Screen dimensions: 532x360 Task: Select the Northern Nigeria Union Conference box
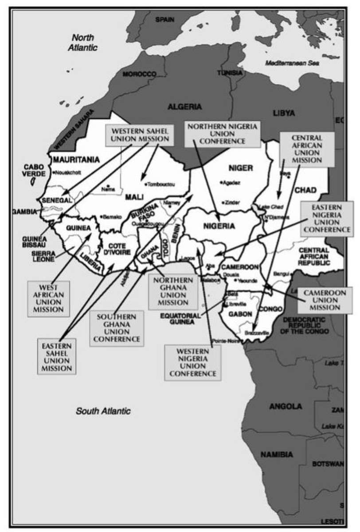(222, 134)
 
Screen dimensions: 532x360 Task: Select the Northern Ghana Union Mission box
(173, 291)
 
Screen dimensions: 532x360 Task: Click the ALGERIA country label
(184, 107)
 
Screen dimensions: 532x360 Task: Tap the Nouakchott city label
(67, 172)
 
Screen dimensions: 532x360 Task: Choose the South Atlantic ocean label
(103, 411)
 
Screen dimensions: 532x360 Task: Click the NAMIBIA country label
(276, 454)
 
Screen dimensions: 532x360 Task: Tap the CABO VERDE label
(34, 171)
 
